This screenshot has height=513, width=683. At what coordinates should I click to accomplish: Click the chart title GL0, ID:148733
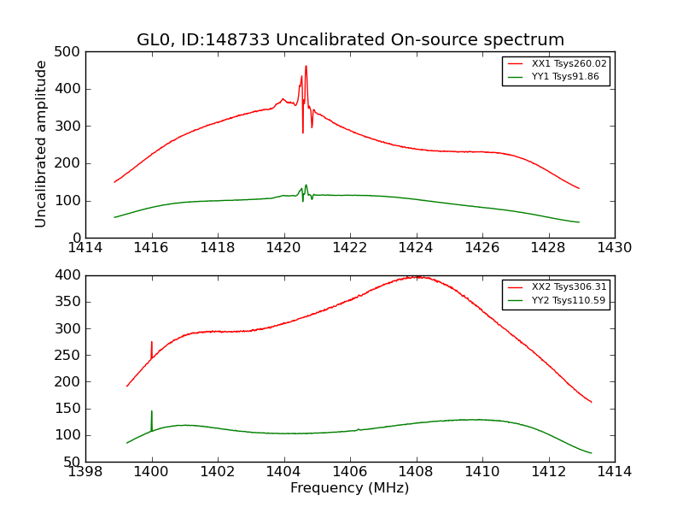350,40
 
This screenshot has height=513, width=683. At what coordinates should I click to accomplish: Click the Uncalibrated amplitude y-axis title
41,144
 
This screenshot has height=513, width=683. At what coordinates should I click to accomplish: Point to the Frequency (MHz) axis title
350,488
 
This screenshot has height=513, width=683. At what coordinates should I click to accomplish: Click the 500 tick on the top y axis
71,52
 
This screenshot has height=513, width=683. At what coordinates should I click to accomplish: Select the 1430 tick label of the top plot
614,248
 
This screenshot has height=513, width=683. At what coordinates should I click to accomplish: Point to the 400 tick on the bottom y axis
71,275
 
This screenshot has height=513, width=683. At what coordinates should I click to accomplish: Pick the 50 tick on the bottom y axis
74,462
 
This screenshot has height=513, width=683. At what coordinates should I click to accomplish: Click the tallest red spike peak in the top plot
306,67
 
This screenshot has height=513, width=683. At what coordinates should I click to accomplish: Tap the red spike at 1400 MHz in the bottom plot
152,343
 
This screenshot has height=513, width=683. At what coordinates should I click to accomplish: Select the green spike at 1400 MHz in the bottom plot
152,412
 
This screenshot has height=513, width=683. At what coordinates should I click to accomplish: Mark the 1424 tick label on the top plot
416,248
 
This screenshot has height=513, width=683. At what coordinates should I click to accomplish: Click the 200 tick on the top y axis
71,163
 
